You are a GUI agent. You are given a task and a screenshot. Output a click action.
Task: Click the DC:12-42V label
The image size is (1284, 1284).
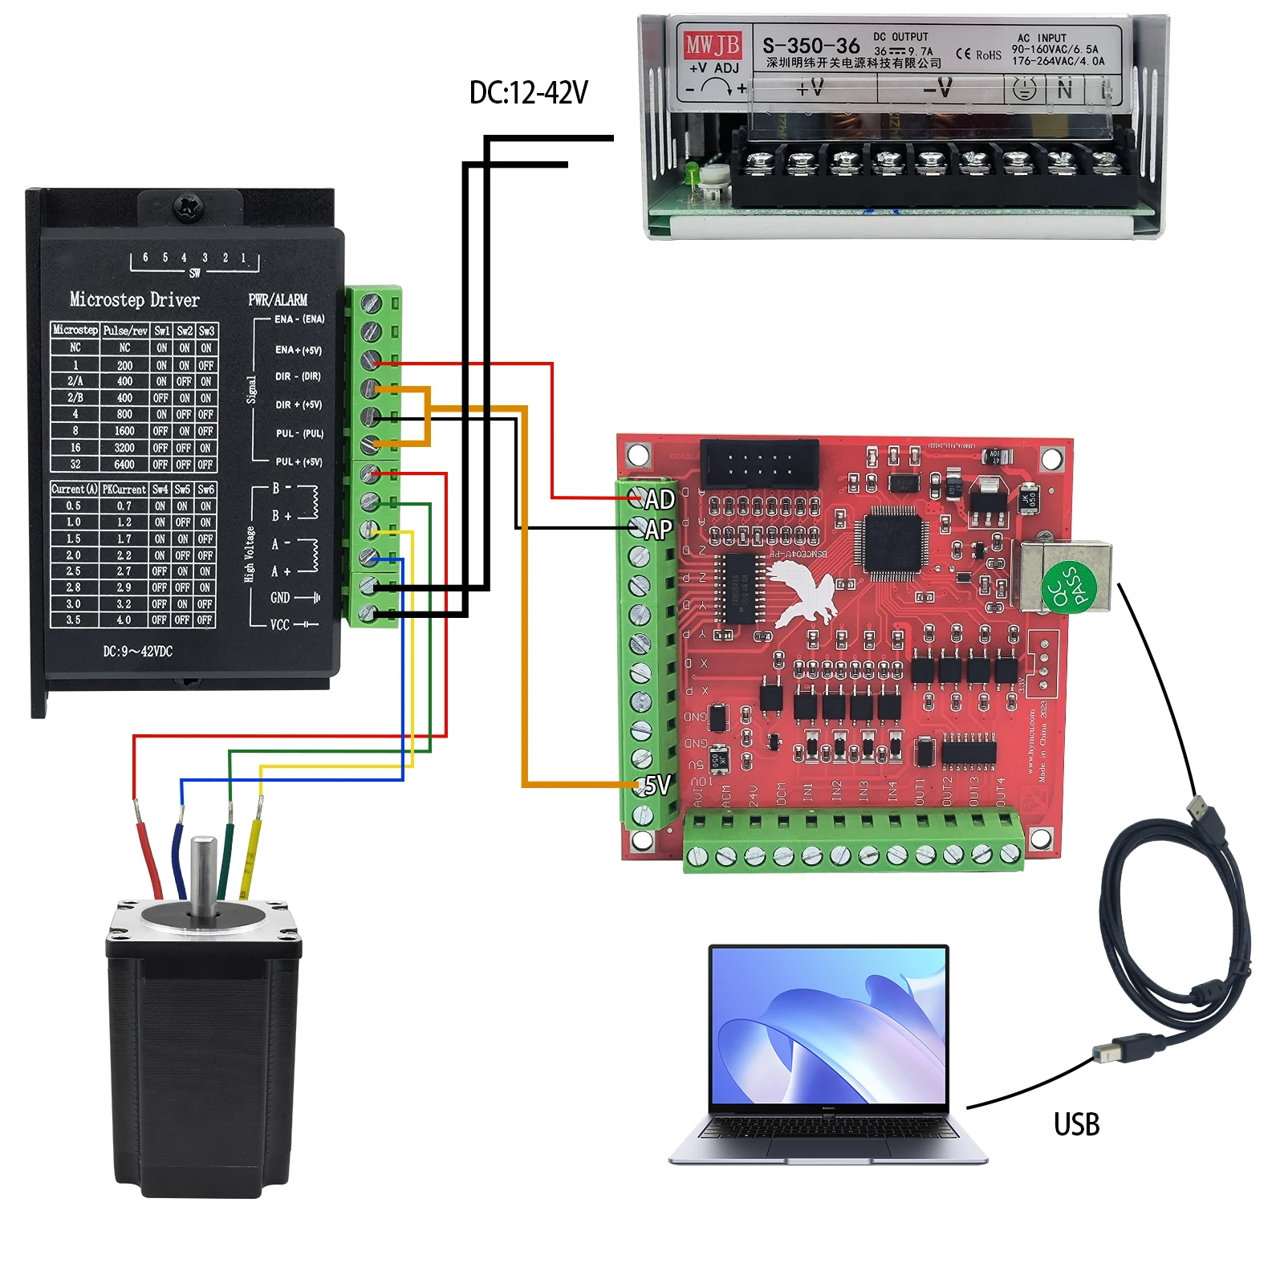tap(528, 93)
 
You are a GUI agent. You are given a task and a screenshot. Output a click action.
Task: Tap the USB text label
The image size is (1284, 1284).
tap(1076, 1124)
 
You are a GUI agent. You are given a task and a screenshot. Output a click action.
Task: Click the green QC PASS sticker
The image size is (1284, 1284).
tap(1068, 587)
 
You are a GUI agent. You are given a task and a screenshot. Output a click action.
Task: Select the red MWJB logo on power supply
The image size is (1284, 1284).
tap(711, 45)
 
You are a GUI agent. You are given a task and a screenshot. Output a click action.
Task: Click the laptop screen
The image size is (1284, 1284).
tap(828, 1026)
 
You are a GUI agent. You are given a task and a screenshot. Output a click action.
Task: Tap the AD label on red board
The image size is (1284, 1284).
tap(660, 500)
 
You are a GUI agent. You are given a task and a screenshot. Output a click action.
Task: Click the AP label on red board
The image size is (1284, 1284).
tap(658, 530)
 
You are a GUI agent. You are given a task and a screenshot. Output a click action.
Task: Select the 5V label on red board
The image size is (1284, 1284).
tap(657, 785)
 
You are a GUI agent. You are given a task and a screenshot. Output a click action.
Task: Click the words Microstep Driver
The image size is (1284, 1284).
tap(134, 300)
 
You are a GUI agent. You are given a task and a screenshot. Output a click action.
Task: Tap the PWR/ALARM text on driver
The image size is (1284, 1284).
tap(278, 300)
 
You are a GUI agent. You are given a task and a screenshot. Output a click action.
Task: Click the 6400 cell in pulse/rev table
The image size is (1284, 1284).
tap(124, 465)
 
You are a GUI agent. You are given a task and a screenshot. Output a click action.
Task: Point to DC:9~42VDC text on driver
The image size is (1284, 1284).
tap(137, 651)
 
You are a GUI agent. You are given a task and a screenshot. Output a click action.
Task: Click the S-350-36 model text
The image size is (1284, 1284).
tap(811, 46)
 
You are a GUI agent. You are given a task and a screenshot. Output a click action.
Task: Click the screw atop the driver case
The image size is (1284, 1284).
tap(191, 207)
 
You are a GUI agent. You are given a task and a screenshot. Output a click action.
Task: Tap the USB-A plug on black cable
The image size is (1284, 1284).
tap(1205, 812)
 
